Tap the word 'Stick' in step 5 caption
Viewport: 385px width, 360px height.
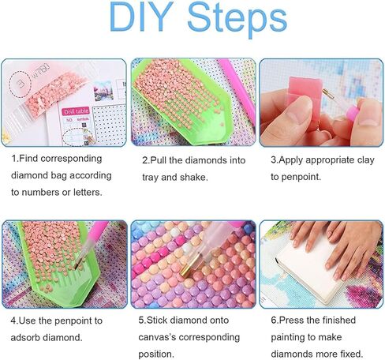coord(163,321)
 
